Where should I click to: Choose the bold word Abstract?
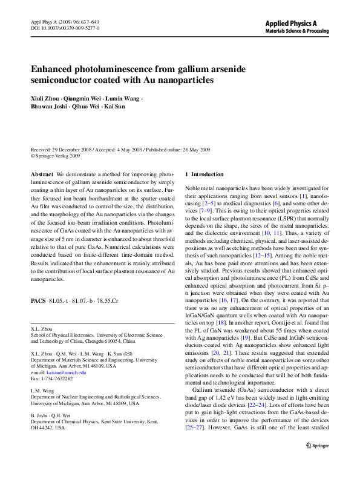coord(42,174)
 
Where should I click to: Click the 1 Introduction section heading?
coord(204,174)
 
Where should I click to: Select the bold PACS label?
coord(38,300)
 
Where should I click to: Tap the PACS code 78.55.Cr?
coord(106,300)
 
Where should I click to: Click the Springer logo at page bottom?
coord(316,462)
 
